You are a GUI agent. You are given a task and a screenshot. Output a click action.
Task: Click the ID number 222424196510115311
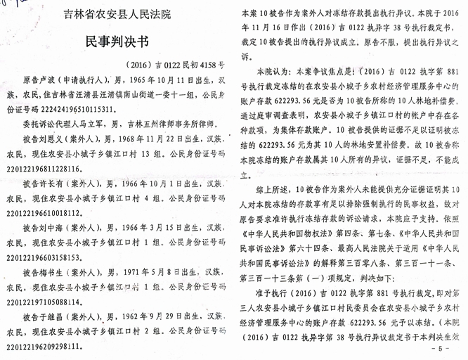[72, 110]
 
